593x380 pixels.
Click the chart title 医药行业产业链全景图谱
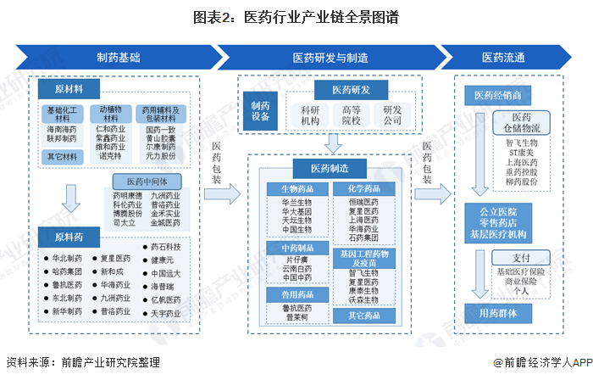pyautogui.click(x=296, y=16)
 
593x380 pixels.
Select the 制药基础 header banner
pyautogui.click(x=118, y=58)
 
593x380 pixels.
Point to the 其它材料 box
pyautogui.click(x=64, y=155)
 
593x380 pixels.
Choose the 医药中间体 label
pyautogui.click(x=150, y=182)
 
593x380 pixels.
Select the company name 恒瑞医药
pyautogui.click(x=363, y=203)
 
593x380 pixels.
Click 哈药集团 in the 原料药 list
pyautogui.click(x=68, y=271)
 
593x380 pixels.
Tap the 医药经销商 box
pyautogui.click(x=503, y=93)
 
